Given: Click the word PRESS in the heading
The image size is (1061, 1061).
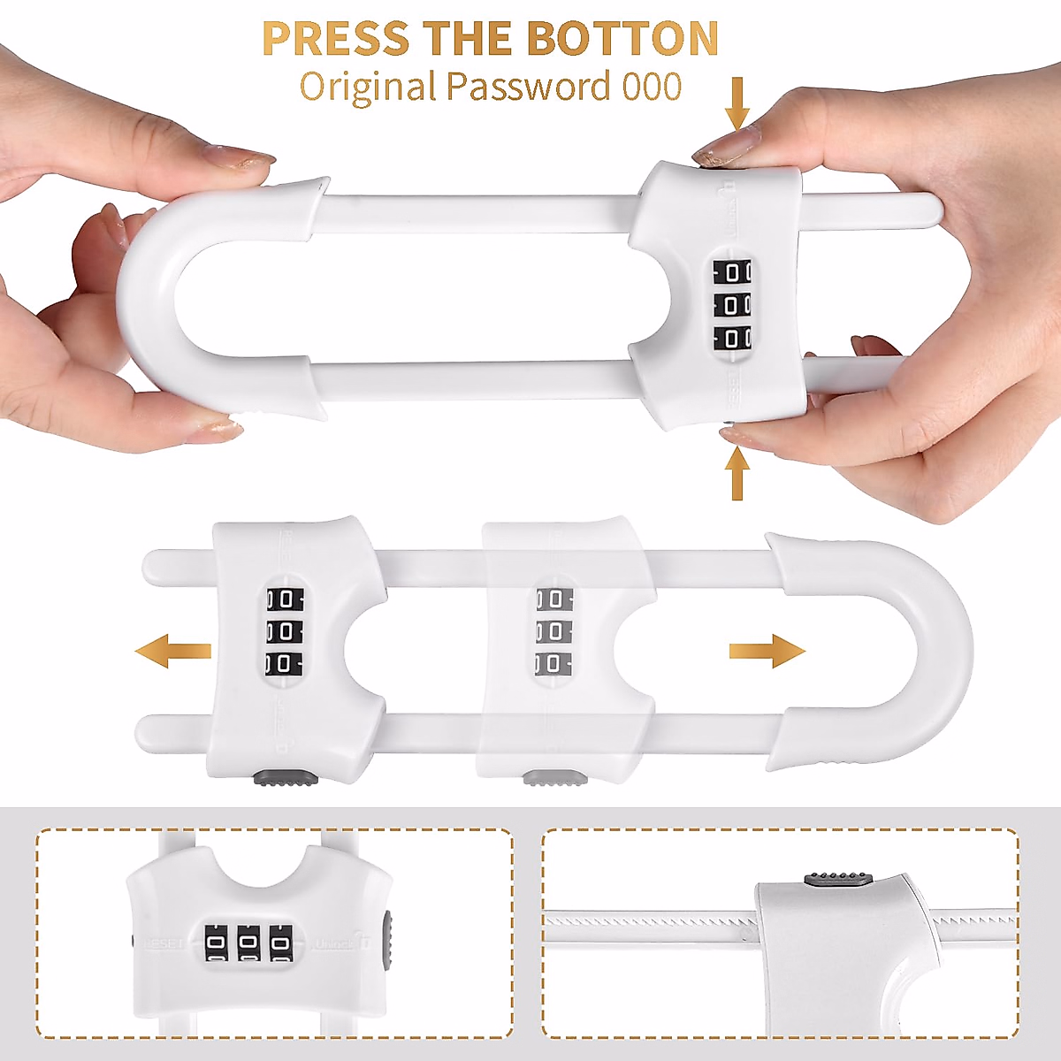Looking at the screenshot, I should tap(335, 39).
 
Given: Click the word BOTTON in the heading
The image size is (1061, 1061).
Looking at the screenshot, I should tap(622, 39).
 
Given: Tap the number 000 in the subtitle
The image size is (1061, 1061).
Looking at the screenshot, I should tap(652, 87).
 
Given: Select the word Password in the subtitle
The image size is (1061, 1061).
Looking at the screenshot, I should tap(528, 87).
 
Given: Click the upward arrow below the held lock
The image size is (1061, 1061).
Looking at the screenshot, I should tap(737, 473).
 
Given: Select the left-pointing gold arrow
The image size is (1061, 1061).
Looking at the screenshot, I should tap(172, 652).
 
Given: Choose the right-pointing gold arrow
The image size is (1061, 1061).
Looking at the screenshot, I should tap(767, 652).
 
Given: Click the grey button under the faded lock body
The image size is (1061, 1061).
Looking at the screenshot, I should tap(554, 778).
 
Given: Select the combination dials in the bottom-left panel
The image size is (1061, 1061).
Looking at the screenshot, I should tap(248, 943).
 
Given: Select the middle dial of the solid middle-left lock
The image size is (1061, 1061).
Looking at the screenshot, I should tap(284, 631).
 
